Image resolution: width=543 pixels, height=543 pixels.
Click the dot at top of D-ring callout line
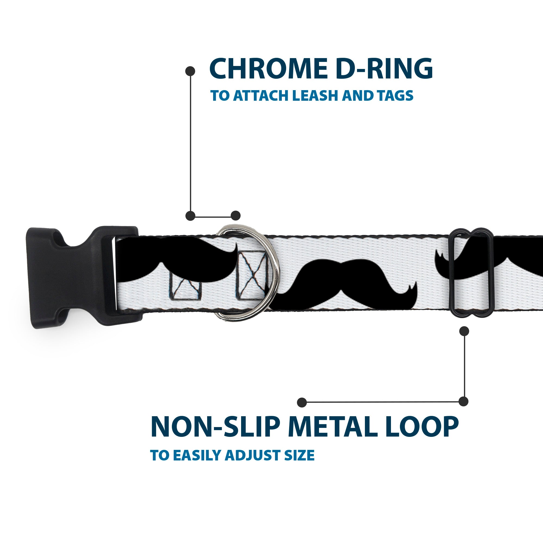190,71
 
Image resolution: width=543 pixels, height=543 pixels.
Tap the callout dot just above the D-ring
235,216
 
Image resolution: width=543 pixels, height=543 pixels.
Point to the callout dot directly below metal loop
464,331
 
